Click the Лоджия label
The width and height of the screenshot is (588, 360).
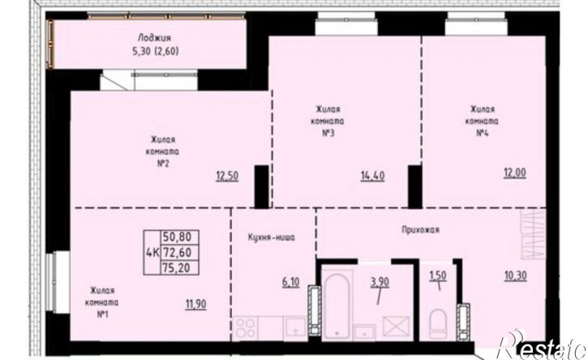point(154,37)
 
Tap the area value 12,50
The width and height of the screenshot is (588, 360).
point(227,175)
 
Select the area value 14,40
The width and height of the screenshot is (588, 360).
point(373,176)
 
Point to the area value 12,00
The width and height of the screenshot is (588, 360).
point(515,173)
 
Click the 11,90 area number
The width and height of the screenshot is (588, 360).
point(195,304)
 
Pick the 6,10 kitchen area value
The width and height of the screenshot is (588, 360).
point(290,281)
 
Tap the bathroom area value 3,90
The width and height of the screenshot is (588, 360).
point(380,282)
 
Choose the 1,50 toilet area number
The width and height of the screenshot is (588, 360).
point(438,276)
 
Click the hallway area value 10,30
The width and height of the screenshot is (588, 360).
point(516,276)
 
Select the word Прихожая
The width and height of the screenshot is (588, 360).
point(420,230)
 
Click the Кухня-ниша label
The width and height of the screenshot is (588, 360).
point(271,238)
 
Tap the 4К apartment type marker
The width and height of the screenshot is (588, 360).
point(152,252)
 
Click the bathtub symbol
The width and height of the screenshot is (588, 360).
point(337,305)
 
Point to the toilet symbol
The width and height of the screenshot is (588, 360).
point(438,324)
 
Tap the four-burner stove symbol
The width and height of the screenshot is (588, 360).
point(245,328)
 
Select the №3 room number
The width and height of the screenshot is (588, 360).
point(328,133)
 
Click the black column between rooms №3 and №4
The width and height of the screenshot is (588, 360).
point(415,186)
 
